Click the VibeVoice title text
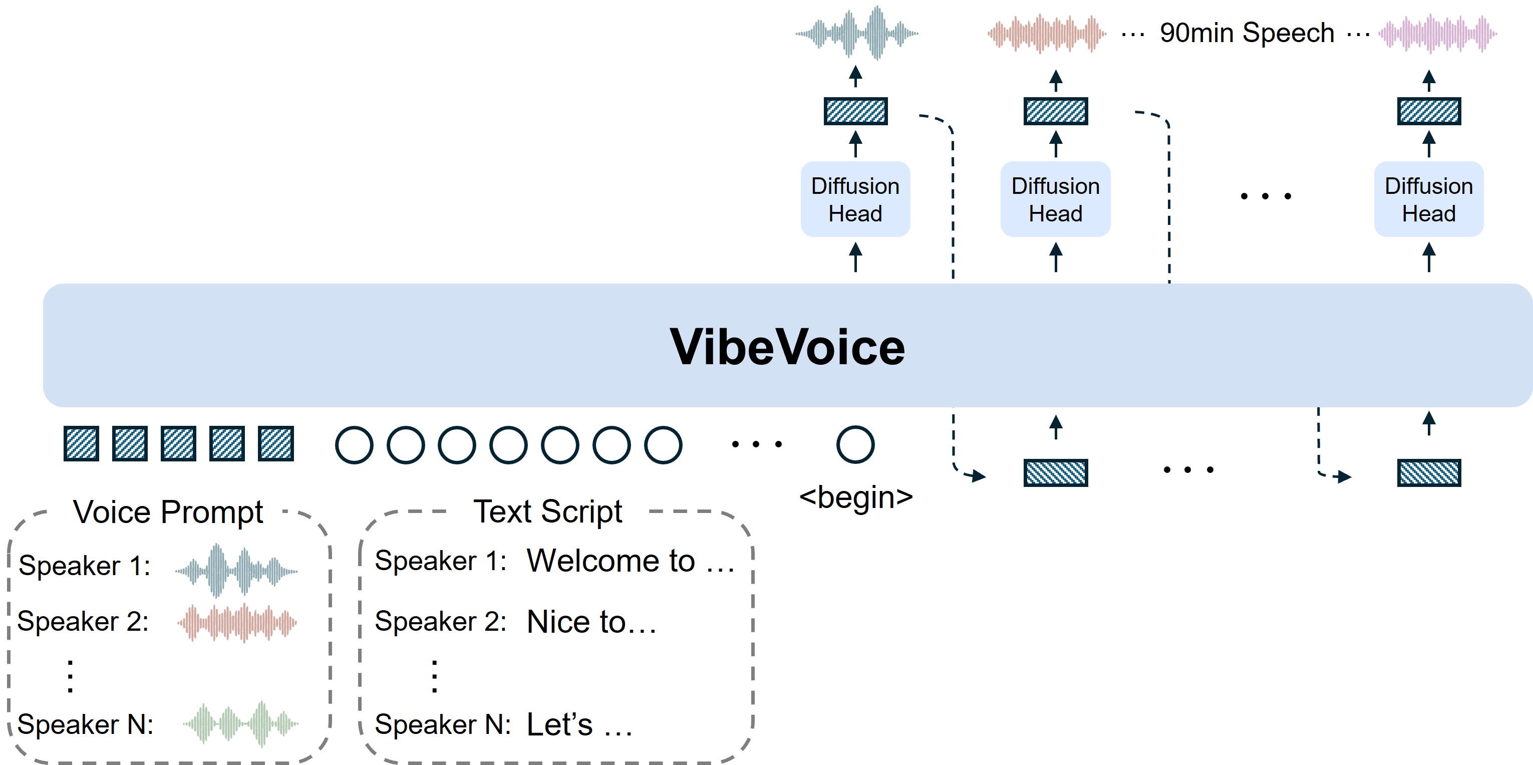[787, 347]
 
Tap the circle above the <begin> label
[855, 445]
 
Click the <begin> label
[855, 497]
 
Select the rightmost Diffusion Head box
[1428, 199]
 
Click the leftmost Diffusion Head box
[855, 199]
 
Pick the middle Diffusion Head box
[1055, 199]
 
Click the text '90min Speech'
[1247, 33]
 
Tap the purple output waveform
[1437, 34]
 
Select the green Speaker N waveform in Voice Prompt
[240, 724]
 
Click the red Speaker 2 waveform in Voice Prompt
[237, 623]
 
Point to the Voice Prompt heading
[168, 512]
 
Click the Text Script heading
[547, 512]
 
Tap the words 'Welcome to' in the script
[610, 561]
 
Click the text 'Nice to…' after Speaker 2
[591, 622]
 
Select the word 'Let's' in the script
[560, 724]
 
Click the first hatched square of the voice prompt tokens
[81, 444]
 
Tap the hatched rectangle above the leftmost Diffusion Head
[855, 111]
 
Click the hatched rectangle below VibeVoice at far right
[1428, 473]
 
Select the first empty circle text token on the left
[354, 445]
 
